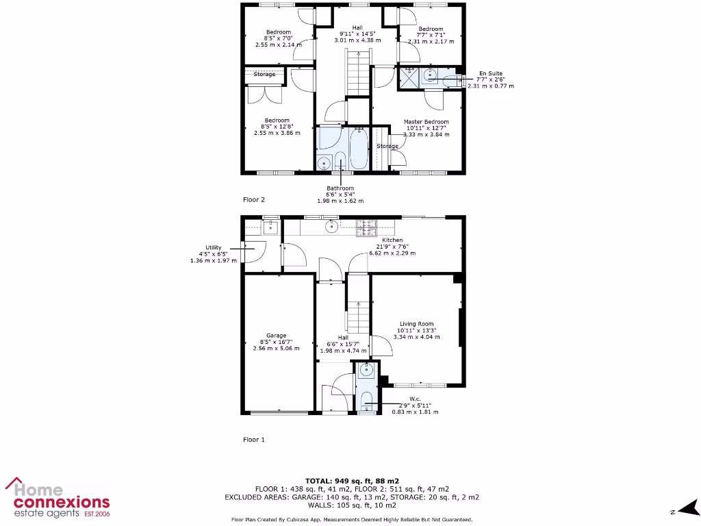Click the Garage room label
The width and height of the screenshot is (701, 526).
pyautogui.click(x=277, y=336)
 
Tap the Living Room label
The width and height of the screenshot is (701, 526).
pyautogui.click(x=416, y=325)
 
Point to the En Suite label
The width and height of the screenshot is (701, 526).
pyautogui.click(x=491, y=73)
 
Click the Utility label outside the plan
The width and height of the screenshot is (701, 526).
pyautogui.click(x=214, y=248)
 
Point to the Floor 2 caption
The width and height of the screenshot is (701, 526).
pyautogui.click(x=254, y=200)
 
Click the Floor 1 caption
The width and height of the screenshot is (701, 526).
pyautogui.click(x=254, y=440)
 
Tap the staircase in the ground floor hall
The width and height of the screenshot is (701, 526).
pyautogui.click(x=357, y=316)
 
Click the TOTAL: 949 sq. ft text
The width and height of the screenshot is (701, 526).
pyautogui.click(x=350, y=481)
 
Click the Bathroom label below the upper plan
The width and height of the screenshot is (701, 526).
pyautogui.click(x=340, y=188)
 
